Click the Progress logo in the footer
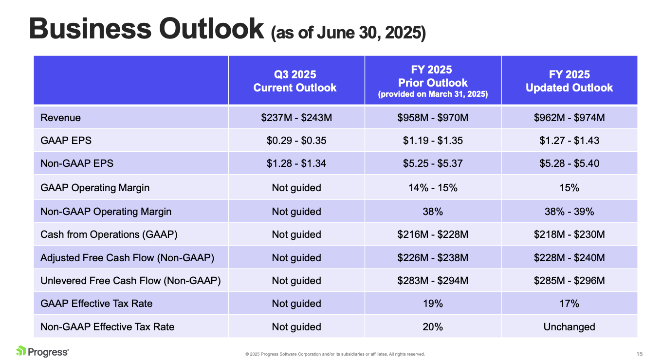coord(42,351)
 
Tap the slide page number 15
coord(640,354)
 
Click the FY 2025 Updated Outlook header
coord(569,81)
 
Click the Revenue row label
coord(60,118)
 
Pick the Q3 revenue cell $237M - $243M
coord(296,118)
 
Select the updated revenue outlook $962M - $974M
coord(569,118)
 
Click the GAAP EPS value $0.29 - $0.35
coord(296,141)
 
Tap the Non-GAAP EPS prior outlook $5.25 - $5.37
coord(433,163)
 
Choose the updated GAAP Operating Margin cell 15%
coord(569,187)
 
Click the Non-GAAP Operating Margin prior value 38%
coord(433,212)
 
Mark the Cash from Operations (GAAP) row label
coord(109,234)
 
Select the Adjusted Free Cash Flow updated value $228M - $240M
coord(569,258)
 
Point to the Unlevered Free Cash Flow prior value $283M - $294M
coord(433,281)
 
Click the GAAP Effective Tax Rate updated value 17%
coord(569,304)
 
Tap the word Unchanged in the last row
coord(569,327)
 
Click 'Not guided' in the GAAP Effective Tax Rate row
coord(296,304)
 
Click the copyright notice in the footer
coord(335,354)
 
